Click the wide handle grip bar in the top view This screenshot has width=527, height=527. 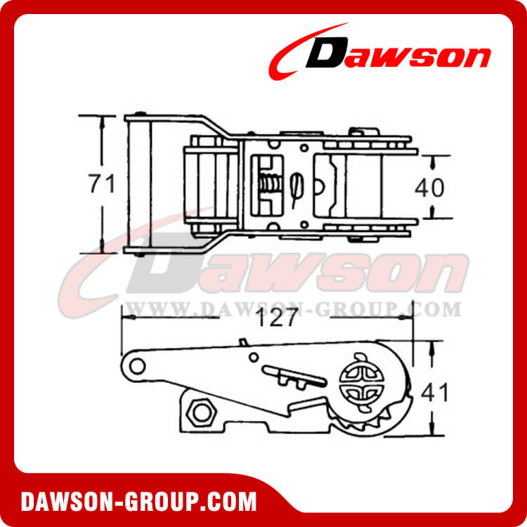[x=138, y=184]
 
